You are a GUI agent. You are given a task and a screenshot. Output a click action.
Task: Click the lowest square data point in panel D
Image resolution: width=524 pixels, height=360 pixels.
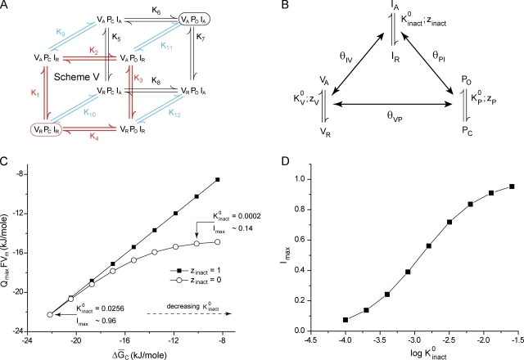tap(346, 320)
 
